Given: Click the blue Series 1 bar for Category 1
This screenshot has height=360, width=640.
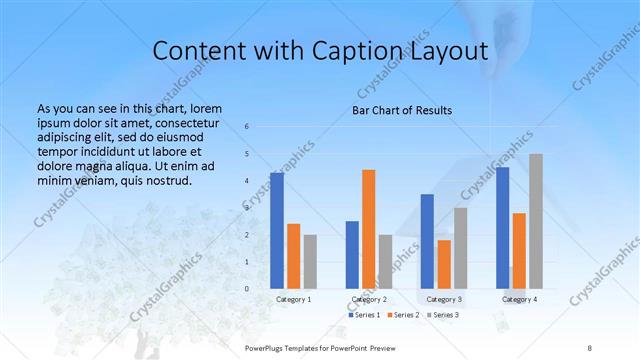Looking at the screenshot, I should tap(277, 230).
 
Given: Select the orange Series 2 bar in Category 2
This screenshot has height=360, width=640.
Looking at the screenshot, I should tap(369, 228).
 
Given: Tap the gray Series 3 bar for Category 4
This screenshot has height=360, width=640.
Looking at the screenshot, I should tap(536, 221).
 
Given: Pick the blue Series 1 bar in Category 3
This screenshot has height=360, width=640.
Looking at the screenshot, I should tap(427, 241).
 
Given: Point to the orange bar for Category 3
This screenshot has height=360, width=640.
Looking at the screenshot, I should tap(444, 264).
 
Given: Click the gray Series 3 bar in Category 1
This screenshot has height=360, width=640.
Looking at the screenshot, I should tap(310, 261).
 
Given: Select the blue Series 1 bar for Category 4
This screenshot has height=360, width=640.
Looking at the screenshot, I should tap(502, 227).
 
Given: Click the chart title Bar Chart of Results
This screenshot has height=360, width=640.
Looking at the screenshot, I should tap(402, 110).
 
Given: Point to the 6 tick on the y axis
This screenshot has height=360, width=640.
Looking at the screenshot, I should tap(247, 126).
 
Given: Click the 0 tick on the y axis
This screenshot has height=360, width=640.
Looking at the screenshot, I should tap(247, 288).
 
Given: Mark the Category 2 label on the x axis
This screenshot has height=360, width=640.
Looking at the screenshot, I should tap(369, 299).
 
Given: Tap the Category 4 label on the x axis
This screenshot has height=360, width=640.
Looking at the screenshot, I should tap(519, 299).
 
